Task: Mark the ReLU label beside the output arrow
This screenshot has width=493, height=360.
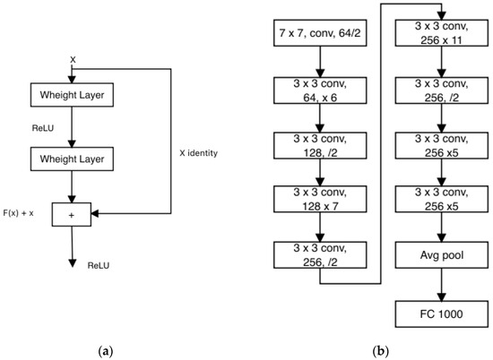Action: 99,265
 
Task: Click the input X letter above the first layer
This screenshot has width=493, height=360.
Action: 73,59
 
